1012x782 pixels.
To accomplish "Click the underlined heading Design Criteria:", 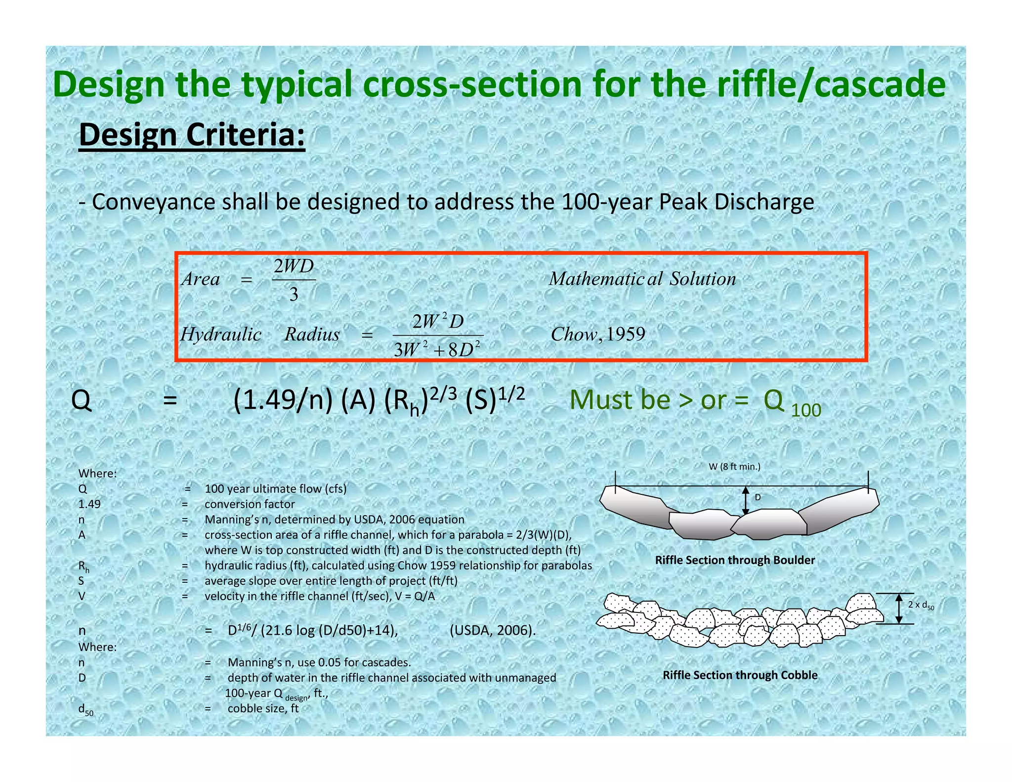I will coord(192,135).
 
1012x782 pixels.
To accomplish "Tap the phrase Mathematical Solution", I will coord(642,279).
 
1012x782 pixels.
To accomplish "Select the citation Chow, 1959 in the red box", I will coord(598,335).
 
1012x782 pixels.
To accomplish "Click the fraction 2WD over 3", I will coord(294,280).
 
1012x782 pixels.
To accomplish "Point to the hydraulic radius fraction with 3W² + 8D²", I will coord(438,336).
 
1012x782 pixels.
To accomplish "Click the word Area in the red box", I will coord(201,280).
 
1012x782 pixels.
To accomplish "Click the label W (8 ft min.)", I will coord(734,467).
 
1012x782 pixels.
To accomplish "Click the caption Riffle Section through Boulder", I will coord(735,560).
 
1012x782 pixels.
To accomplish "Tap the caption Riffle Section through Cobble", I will coord(740,675).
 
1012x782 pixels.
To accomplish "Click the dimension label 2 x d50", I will coord(921,605).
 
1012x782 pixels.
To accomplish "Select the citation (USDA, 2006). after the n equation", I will coord(493,631).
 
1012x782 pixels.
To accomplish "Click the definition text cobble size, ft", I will coord(263,708).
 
